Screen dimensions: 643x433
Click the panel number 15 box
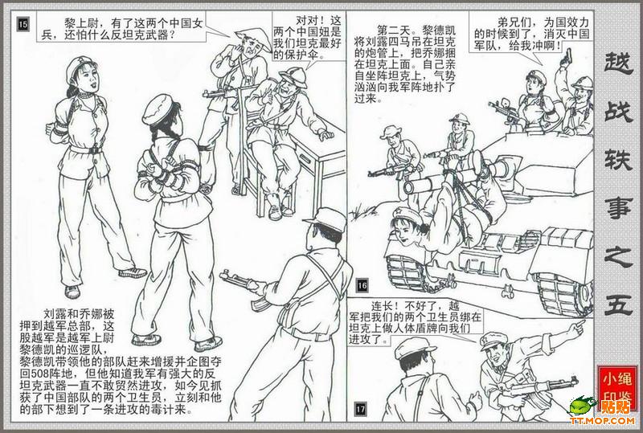click(x=23, y=25)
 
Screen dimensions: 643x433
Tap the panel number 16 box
click(x=362, y=285)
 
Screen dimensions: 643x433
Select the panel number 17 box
click(x=360, y=409)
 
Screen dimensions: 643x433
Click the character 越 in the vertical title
click(x=618, y=64)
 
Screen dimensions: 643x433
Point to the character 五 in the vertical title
click(x=618, y=303)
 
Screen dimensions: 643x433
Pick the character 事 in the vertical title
click(x=618, y=209)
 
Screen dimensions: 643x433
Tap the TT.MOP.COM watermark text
click(x=602, y=421)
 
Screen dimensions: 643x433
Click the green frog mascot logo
click(x=581, y=405)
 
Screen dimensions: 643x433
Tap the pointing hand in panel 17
click(x=577, y=325)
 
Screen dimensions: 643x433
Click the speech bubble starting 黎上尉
click(x=123, y=27)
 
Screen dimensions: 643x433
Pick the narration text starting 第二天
click(x=404, y=64)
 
